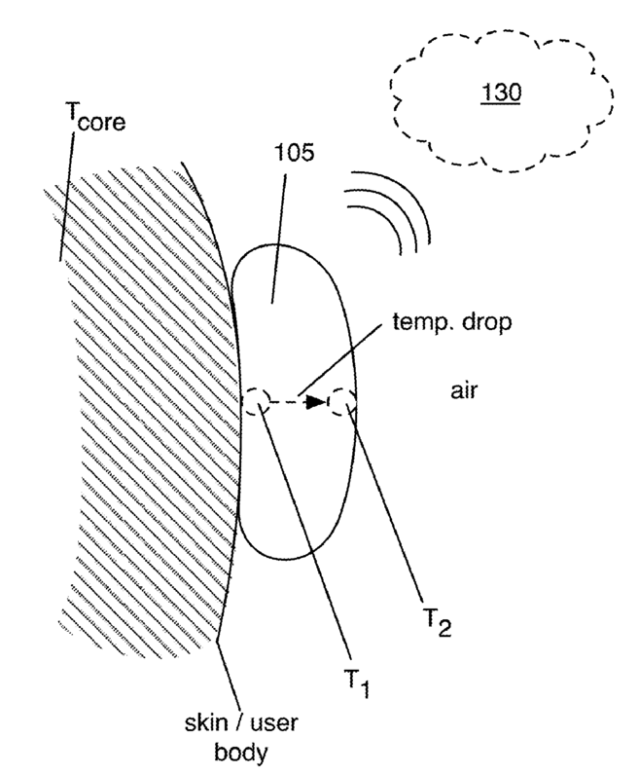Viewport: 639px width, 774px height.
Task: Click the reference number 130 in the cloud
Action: (x=505, y=92)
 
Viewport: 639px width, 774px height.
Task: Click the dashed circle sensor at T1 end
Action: (x=256, y=400)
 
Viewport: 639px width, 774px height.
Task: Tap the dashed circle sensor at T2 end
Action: (x=342, y=400)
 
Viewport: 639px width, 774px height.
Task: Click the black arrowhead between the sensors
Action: (x=312, y=400)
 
